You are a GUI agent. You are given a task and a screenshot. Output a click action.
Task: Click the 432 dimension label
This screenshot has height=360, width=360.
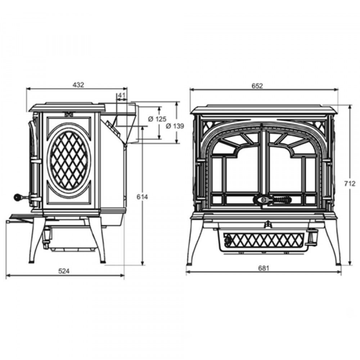click(78, 85)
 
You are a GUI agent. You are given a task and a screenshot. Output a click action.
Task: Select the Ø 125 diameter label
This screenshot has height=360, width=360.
click(157, 119)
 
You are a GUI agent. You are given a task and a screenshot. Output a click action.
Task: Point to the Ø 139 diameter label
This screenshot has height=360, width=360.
click(175, 126)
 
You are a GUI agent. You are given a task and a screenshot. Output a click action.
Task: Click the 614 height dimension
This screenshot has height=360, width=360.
click(142, 197)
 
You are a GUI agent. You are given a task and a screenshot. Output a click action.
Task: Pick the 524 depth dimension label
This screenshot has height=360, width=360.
click(64, 271)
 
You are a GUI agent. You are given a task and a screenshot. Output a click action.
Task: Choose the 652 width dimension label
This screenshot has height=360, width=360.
click(257, 86)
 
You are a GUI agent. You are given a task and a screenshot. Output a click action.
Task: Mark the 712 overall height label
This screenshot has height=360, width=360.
click(350, 184)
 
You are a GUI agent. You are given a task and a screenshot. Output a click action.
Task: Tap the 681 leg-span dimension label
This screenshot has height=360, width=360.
click(264, 268)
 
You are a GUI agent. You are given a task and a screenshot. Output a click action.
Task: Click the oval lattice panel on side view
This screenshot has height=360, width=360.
click(69, 160)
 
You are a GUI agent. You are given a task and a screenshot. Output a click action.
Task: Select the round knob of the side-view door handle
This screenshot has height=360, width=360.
click(17, 197)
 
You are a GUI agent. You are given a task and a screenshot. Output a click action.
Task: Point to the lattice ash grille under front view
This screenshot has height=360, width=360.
click(264, 240)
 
